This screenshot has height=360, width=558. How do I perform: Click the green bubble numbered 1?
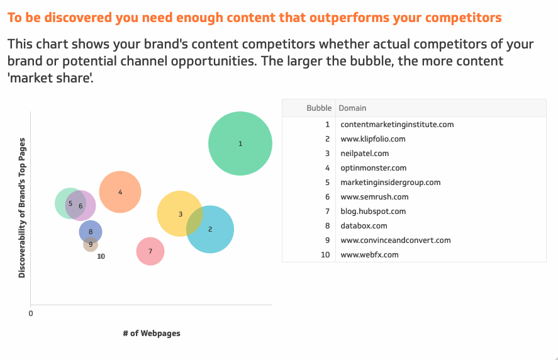[x=240, y=143]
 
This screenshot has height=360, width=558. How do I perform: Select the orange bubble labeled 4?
[x=120, y=192]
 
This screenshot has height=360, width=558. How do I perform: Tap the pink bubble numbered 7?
[x=150, y=251]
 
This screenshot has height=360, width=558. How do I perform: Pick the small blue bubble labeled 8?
[x=91, y=232]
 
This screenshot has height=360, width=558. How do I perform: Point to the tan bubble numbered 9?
[x=91, y=244]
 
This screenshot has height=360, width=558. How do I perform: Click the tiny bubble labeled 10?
[x=101, y=256]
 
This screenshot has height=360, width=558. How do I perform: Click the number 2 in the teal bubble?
[x=210, y=229]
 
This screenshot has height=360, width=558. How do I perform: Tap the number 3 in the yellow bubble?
[x=181, y=214]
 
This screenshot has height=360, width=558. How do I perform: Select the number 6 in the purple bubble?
[x=81, y=206]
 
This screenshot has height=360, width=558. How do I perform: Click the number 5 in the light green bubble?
[x=70, y=204]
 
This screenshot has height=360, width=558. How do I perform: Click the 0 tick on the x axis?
[x=31, y=313]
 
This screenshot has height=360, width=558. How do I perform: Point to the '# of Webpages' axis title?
[x=152, y=334]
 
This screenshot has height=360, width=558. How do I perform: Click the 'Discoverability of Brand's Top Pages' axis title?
[x=22, y=208]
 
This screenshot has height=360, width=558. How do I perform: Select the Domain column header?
[x=352, y=108]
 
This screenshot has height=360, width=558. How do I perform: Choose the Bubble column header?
[x=319, y=108]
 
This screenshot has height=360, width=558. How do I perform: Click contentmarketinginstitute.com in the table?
[x=397, y=125]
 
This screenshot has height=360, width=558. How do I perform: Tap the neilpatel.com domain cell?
[x=365, y=154]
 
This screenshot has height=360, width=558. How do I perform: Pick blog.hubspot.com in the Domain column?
[x=373, y=211]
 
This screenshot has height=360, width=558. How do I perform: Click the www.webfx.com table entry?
[x=369, y=255]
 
